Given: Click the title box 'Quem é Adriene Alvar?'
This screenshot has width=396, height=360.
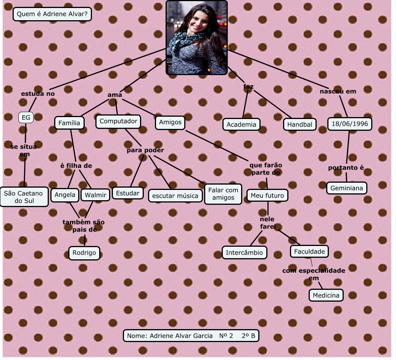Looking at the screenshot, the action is pyautogui.click(x=52, y=14).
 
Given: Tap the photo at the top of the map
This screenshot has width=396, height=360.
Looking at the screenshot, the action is pyautogui.click(x=196, y=37).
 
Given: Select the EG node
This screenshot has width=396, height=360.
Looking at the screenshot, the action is pyautogui.click(x=26, y=117).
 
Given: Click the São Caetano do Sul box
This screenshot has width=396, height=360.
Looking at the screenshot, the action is pyautogui.click(x=24, y=197).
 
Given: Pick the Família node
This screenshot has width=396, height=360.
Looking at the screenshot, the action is pyautogui.click(x=69, y=123).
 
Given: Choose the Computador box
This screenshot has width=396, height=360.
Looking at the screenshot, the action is pyautogui.click(x=118, y=122).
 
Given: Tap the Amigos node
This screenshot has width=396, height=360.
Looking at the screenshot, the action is pyautogui.click(x=170, y=122).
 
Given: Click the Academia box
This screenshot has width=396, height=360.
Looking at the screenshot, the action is pyautogui.click(x=241, y=124).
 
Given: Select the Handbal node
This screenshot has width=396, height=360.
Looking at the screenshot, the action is pyautogui.click(x=300, y=124).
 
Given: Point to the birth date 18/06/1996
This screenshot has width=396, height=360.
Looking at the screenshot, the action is pyautogui.click(x=349, y=124).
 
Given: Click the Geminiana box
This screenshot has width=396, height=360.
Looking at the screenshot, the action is pyautogui.click(x=347, y=188).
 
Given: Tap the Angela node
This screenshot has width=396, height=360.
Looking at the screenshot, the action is pyautogui.click(x=65, y=195).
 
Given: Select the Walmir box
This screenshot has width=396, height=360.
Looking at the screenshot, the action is pyautogui.click(x=95, y=195).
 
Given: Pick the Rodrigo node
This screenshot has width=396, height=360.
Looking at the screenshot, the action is pyautogui.click(x=84, y=253).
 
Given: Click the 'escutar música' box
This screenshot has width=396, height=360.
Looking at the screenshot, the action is pyautogui.click(x=175, y=196).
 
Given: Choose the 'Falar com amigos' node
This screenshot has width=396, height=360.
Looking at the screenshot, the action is pyautogui.click(x=223, y=194).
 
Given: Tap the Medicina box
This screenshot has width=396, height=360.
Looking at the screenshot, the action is pyautogui.click(x=326, y=295).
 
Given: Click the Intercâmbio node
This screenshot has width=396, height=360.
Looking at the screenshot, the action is pyautogui.click(x=244, y=252).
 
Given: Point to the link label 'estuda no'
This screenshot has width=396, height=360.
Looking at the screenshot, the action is pyautogui.click(x=38, y=94).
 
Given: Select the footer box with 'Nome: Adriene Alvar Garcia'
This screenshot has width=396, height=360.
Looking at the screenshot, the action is pyautogui.click(x=191, y=336).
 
